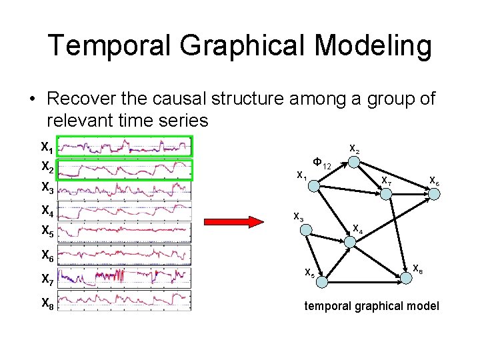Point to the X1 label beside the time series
(47, 147)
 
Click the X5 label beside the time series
(47, 231)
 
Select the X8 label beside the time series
(47, 303)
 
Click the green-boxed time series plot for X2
(125, 169)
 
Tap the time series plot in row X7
(125, 276)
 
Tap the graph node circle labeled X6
(433, 194)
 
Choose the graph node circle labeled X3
(305, 230)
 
